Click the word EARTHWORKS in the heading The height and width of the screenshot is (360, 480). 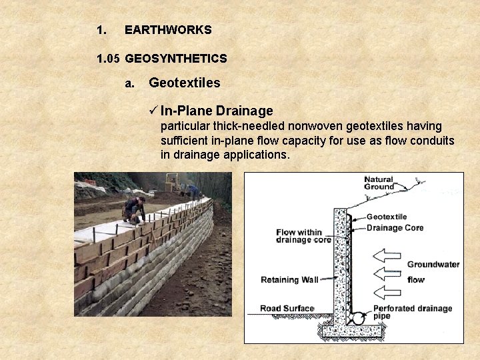(x=168, y=30)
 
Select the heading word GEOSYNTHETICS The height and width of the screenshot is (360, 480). (x=176, y=59)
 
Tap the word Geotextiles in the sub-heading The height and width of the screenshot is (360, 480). (x=184, y=83)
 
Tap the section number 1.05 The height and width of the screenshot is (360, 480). (x=108, y=59)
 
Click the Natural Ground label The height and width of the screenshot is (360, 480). (x=379, y=183)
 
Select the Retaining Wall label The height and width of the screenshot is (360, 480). (x=289, y=280)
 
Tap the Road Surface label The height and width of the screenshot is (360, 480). (x=287, y=308)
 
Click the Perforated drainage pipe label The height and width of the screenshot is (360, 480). (x=412, y=312)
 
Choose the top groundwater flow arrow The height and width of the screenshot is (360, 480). (x=387, y=255)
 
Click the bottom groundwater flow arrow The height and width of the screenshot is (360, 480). (x=387, y=291)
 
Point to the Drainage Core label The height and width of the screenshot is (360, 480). (x=395, y=228)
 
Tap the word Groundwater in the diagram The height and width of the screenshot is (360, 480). (x=433, y=265)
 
